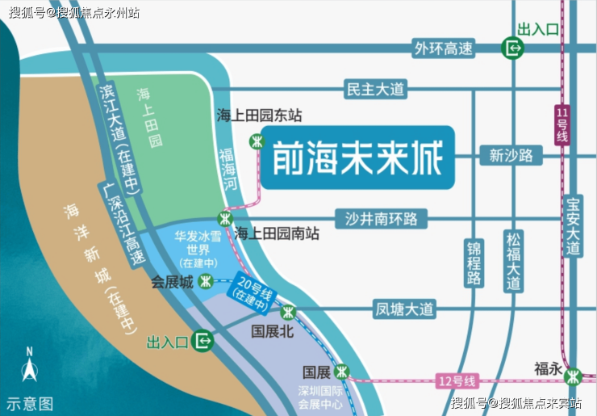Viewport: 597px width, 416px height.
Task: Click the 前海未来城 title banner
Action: tap(357, 157)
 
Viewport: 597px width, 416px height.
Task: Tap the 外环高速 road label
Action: tap(443, 48)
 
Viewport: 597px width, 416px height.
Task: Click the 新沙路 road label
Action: tap(511, 155)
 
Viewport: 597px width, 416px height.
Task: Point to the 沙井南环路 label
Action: tap(382, 218)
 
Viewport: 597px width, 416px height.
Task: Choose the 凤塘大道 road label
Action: tap(404, 309)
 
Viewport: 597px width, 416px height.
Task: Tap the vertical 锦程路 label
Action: tap(474, 263)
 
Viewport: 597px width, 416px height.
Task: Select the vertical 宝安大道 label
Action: tap(574, 227)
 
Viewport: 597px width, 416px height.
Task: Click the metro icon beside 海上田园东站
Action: tap(257, 141)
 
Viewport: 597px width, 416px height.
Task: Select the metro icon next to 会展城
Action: tap(207, 282)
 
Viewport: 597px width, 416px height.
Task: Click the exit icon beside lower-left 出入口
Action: tap(204, 342)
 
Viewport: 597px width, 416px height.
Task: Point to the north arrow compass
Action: tap(29, 370)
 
